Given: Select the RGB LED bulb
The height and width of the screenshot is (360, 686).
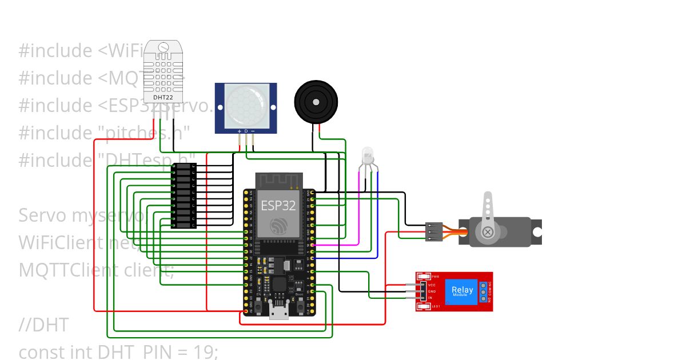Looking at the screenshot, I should point(366,155).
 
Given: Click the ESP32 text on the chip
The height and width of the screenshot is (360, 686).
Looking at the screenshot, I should point(278,205).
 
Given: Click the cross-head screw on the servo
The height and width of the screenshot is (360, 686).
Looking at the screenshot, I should point(488,232).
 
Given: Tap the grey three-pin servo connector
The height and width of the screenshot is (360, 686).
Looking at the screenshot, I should point(434,231).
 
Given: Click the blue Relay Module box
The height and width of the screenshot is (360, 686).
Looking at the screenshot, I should point(462,291).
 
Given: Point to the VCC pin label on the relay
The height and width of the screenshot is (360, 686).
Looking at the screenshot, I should point(432,285).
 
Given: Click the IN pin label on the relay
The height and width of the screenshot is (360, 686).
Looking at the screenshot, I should point(430,298).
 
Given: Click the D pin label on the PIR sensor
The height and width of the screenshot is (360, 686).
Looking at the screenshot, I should point(246,131).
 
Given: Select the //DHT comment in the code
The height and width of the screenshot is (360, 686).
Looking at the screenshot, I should point(43,325).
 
